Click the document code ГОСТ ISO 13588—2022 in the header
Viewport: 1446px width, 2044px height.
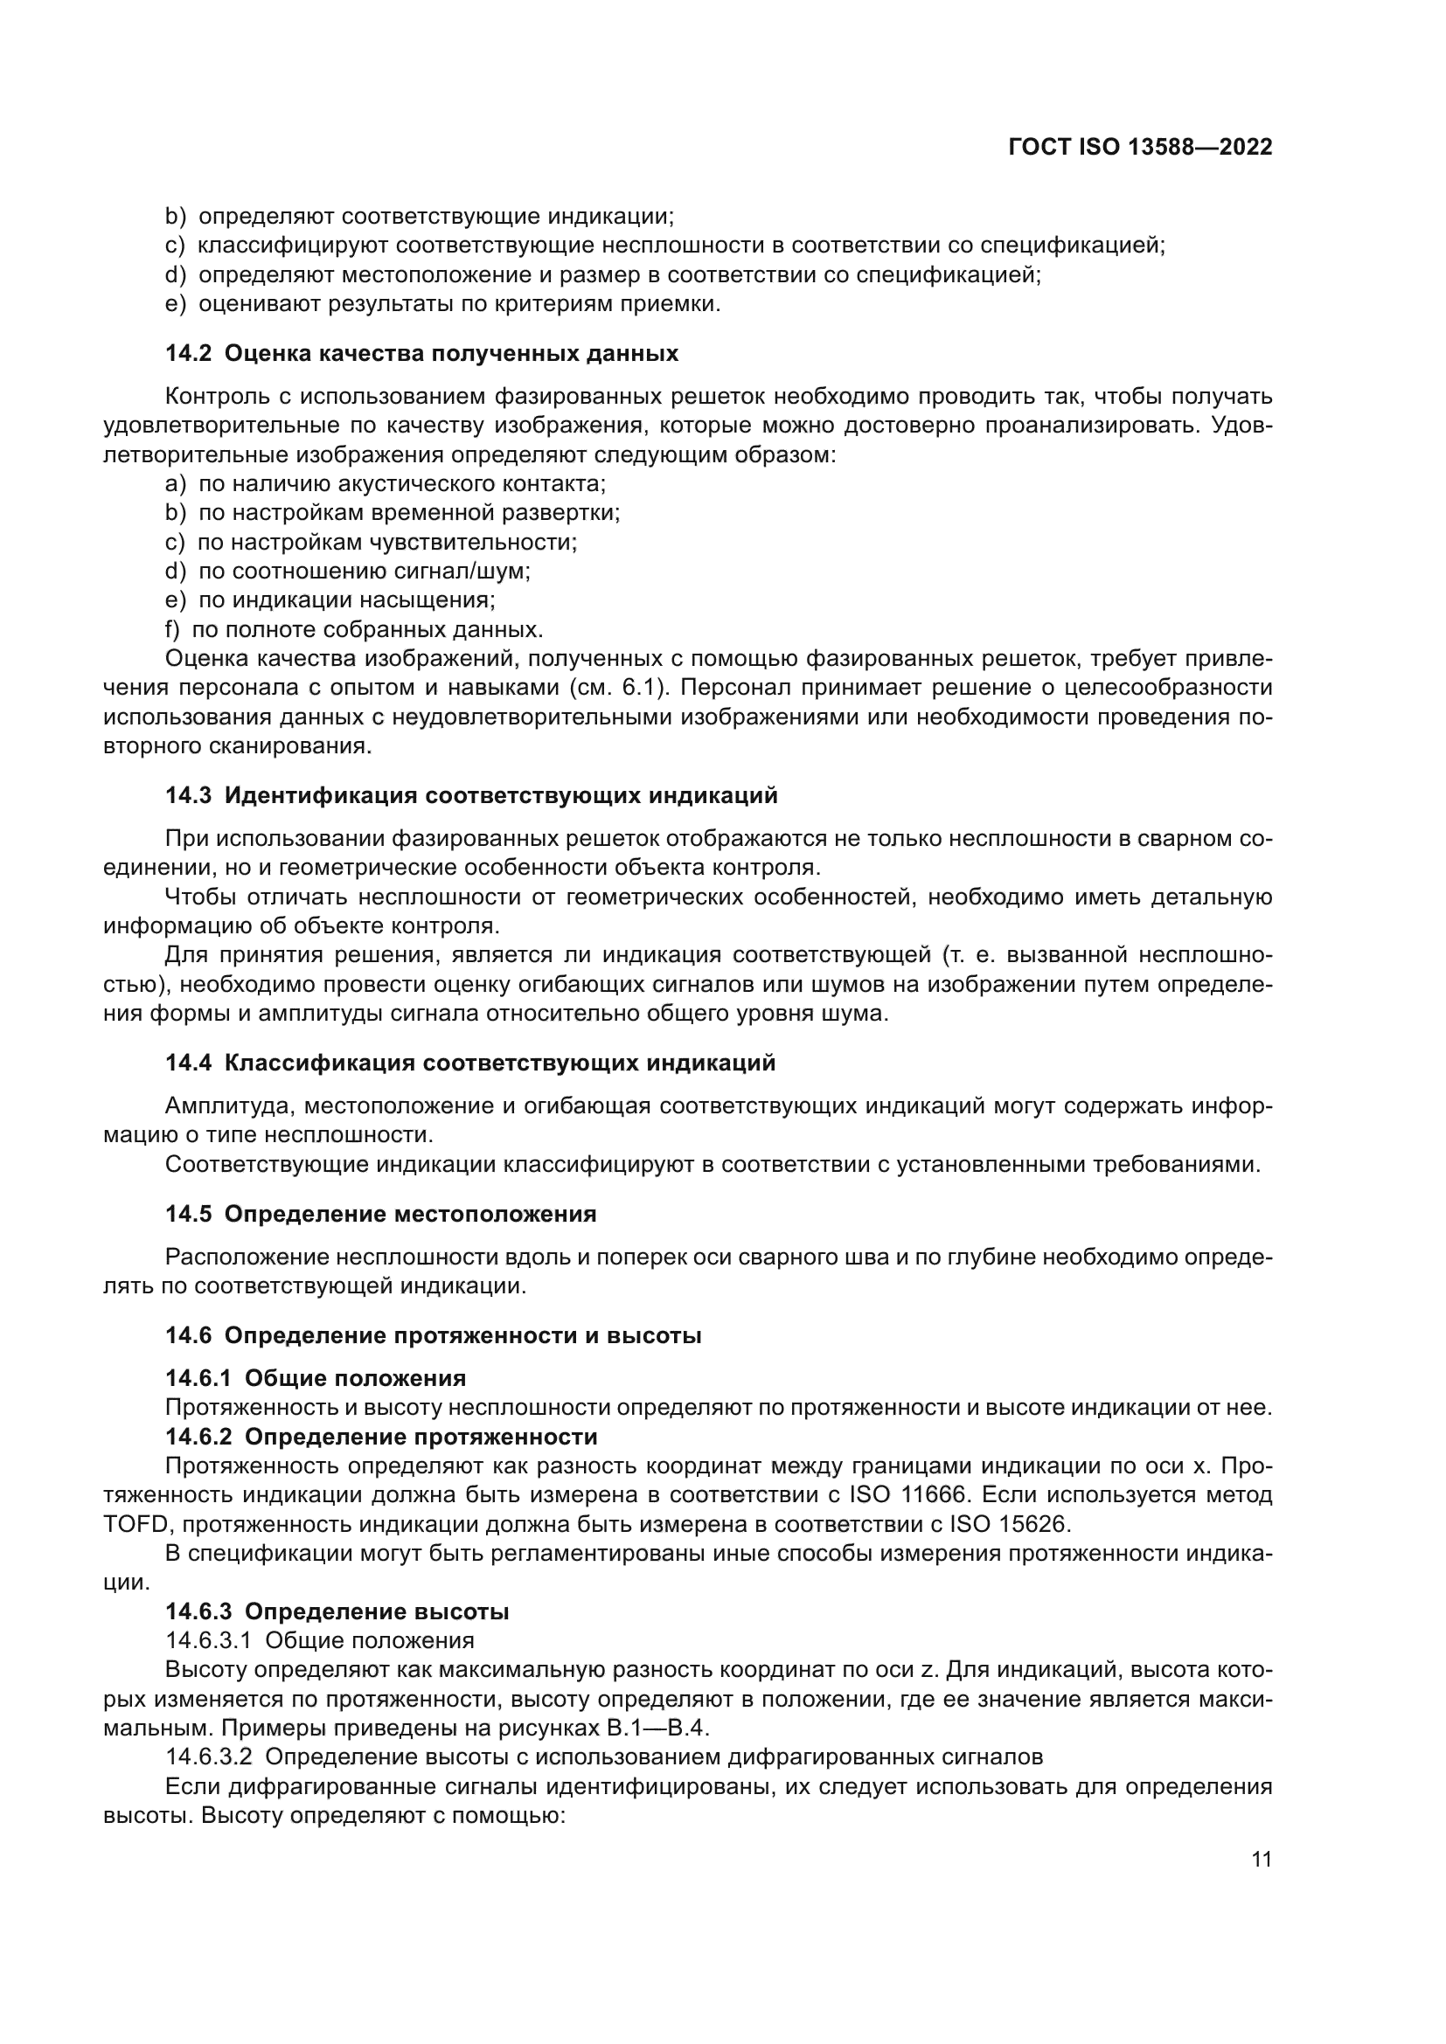point(1140,148)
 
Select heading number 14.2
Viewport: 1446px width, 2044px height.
point(188,353)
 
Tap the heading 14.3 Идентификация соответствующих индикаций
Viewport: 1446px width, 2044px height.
point(471,795)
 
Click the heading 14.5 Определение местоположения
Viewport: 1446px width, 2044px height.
point(380,1215)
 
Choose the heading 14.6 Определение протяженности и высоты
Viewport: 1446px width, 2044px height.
point(433,1335)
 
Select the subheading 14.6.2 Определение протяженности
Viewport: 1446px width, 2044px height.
point(381,1437)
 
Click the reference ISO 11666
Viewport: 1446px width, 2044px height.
point(901,1494)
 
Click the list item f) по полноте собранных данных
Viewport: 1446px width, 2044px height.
point(353,630)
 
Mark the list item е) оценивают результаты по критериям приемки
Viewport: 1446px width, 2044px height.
point(442,303)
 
